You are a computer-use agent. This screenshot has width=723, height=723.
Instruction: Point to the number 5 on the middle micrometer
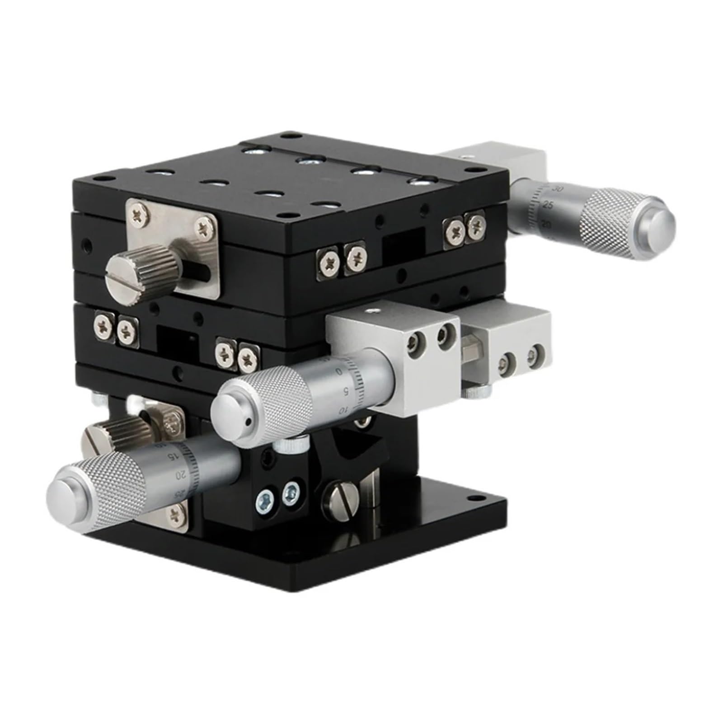pyautogui.click(x=346, y=391)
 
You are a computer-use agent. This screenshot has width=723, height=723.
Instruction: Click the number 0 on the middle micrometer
pyautogui.click(x=339, y=371)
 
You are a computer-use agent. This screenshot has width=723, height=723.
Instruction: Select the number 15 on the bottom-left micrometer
pyautogui.click(x=173, y=456)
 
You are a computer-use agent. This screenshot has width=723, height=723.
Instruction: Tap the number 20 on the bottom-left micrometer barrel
pyautogui.click(x=181, y=474)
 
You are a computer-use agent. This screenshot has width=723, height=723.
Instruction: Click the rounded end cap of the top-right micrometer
pyautogui.click(x=658, y=223)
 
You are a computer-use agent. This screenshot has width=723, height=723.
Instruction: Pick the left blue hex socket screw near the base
pyautogui.click(x=264, y=499)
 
